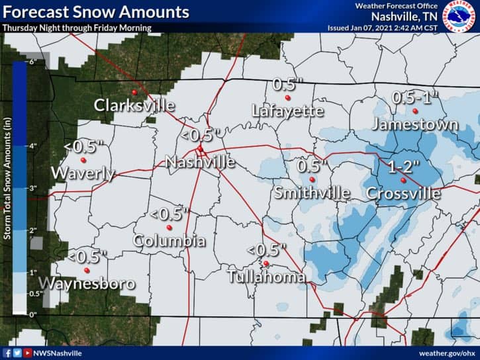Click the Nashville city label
200,162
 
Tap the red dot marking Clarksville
134,92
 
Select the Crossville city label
403,194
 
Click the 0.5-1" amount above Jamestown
415,97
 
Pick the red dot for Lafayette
287,98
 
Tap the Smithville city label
312,193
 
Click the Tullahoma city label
266,277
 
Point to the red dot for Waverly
83,160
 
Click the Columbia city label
169,242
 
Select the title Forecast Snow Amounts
95,12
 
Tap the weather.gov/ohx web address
447,353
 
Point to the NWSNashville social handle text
58,353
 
